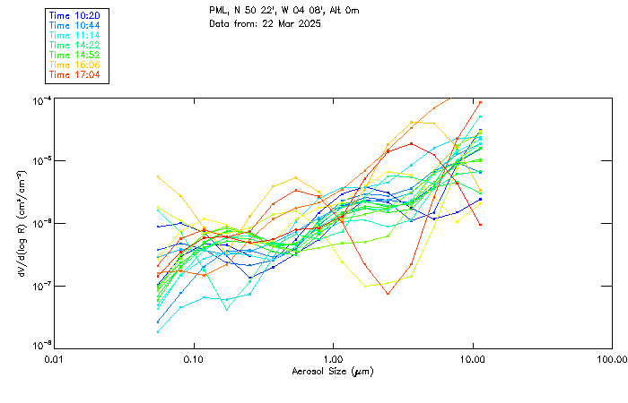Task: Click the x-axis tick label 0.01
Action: click(x=55, y=359)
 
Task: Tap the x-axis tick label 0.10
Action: click(x=194, y=359)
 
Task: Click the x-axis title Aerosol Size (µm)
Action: click(x=333, y=371)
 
